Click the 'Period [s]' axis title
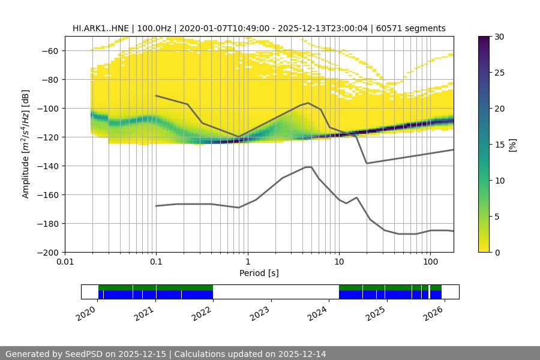coord(259,273)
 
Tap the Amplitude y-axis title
coord(26,144)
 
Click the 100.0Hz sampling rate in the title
coord(155,28)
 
